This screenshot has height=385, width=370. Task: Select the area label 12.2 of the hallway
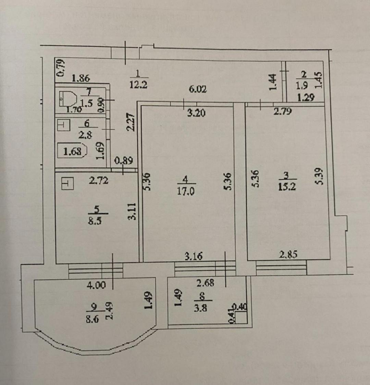point(138,84)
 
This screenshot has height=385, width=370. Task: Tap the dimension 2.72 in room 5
point(99,181)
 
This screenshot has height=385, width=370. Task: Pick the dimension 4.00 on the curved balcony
point(96,285)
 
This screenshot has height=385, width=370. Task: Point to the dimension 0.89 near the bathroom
point(123,161)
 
